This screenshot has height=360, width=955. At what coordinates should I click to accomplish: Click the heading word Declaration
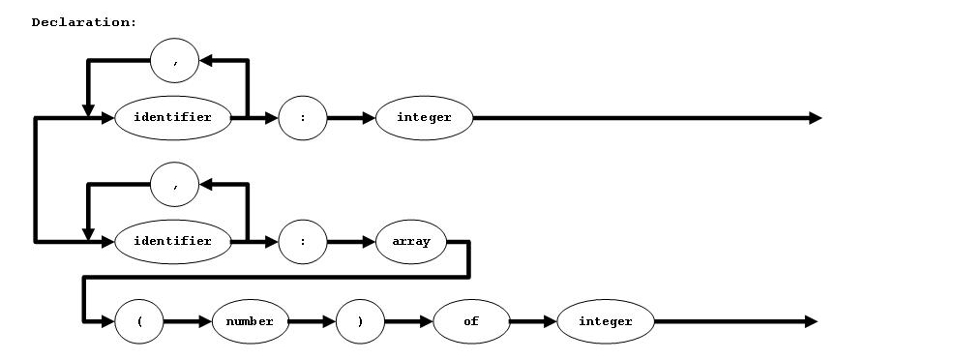pos(84,22)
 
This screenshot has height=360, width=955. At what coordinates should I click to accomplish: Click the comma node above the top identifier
pos(175,62)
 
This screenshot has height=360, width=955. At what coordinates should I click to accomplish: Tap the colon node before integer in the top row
pos(303,118)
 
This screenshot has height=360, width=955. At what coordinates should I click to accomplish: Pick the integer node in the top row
pos(425,118)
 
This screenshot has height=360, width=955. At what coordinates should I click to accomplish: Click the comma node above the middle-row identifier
pos(175,185)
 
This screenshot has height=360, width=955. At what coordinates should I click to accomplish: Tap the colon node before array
pos(303,241)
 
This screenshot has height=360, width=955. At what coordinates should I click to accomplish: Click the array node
pos(411,241)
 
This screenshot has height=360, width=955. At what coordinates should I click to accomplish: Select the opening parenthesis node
pos(139,321)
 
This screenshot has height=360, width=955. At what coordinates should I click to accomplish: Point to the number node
pos(250,321)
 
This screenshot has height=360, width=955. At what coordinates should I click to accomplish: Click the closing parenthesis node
pos(360,321)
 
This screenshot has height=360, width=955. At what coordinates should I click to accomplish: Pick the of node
pos(471,321)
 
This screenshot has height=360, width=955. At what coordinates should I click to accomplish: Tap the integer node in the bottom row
pos(606,321)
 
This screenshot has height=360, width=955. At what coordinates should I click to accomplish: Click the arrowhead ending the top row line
pos(815,118)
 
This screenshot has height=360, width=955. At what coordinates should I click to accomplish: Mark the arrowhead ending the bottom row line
pos(811,321)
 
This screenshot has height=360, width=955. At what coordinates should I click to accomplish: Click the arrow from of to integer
pos(533,321)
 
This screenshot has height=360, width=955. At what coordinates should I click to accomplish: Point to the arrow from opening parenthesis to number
pos(188,321)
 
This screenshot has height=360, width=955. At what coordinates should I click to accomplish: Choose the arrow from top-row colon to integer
pos(351,118)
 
